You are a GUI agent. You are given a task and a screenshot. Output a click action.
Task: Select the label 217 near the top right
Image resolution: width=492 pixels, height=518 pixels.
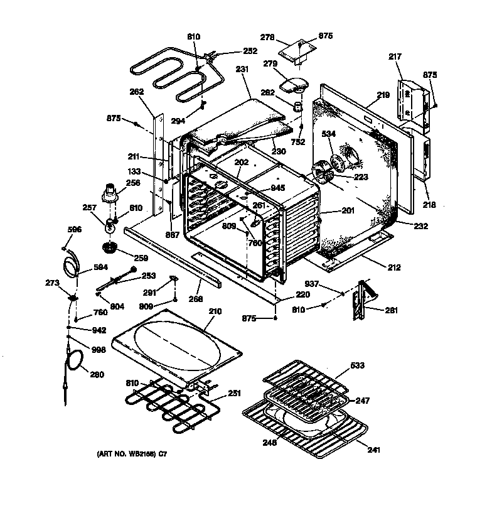tap(395, 57)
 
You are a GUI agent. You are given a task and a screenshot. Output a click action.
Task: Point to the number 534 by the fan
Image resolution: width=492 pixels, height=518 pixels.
tap(328, 134)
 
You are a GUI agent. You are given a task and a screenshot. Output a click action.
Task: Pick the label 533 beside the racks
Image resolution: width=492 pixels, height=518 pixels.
tap(358, 365)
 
